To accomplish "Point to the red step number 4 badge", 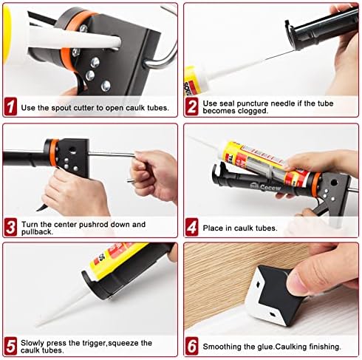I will [192, 228].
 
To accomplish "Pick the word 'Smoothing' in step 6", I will [225, 346].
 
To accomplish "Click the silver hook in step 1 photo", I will [164, 48].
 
